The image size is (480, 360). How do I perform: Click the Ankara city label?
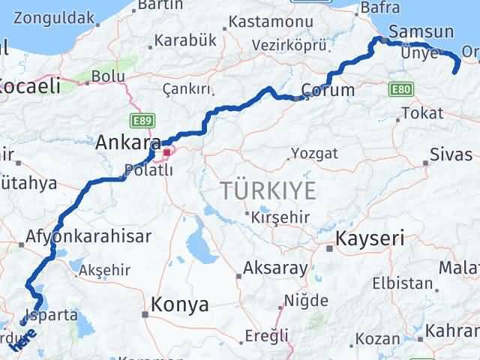(x=127, y=142)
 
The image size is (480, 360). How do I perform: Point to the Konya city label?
(x=180, y=304)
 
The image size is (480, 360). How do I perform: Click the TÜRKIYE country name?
(x=268, y=191)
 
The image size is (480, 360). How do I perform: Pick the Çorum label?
(x=327, y=90)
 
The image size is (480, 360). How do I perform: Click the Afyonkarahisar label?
(x=88, y=236)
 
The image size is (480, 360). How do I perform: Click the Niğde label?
(x=307, y=300)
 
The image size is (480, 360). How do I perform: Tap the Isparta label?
(x=51, y=315)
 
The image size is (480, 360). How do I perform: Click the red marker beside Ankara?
(x=166, y=151)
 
